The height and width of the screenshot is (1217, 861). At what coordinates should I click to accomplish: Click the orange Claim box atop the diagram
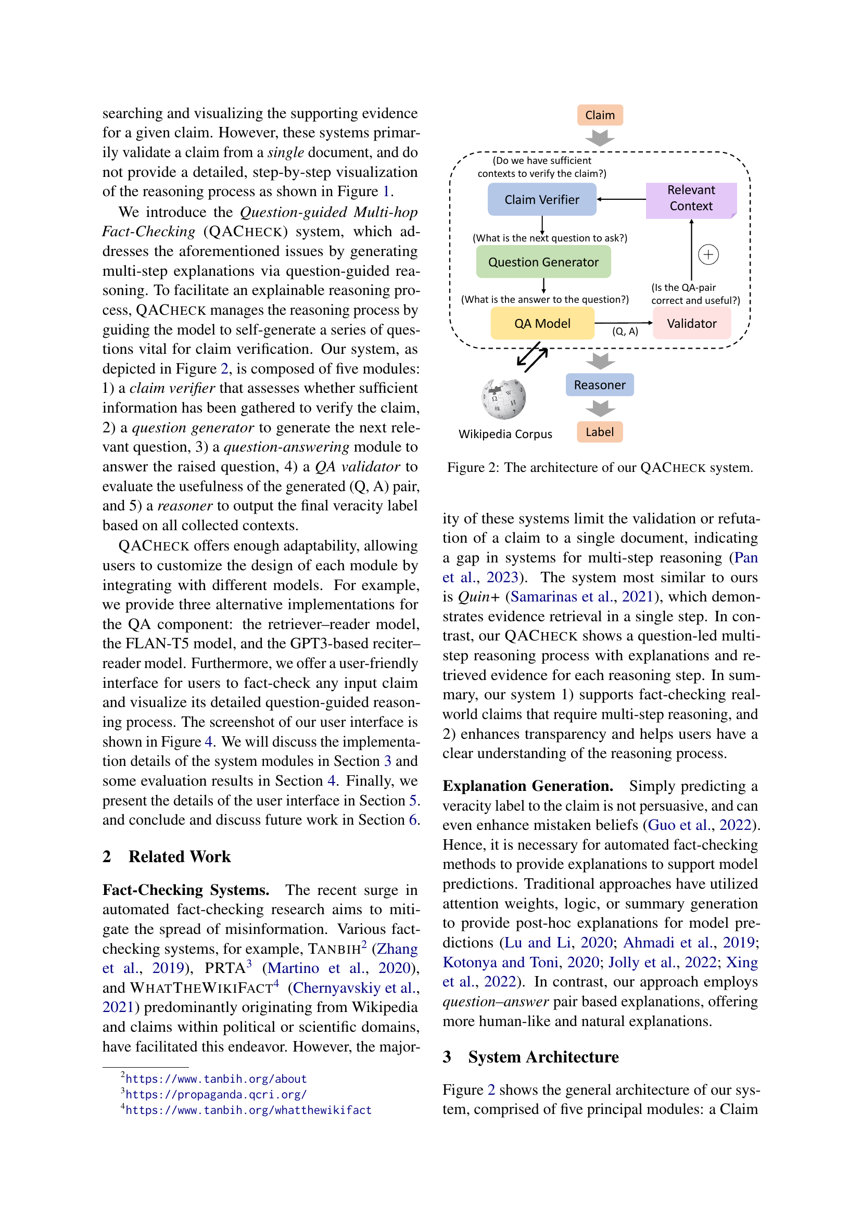click(x=600, y=115)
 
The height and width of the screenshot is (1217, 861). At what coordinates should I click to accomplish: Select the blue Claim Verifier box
click(x=541, y=200)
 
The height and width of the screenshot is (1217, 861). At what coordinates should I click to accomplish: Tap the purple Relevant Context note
click(x=690, y=199)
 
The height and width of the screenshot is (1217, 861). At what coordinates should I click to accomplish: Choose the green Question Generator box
click(x=543, y=262)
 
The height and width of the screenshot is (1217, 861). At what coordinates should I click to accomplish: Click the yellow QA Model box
click(x=542, y=323)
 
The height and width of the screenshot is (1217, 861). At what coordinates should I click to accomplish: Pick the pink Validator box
click(x=691, y=323)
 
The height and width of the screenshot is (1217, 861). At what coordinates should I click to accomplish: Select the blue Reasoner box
click(x=599, y=385)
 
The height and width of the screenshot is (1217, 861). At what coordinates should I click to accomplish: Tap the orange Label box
click(x=599, y=432)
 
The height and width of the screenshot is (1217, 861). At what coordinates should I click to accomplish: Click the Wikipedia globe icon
click(x=503, y=399)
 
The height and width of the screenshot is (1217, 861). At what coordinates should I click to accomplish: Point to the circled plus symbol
click(x=708, y=255)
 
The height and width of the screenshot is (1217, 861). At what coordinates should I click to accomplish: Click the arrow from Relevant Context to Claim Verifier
click(x=622, y=199)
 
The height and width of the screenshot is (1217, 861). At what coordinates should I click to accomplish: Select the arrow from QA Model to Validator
click(x=624, y=322)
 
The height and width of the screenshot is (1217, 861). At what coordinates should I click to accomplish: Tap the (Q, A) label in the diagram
click(x=625, y=332)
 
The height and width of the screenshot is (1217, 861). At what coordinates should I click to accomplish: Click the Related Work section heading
click(x=179, y=856)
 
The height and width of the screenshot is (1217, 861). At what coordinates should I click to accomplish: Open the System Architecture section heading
click(x=543, y=1057)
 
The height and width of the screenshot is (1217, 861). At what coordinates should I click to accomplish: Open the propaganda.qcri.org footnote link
click(x=216, y=1095)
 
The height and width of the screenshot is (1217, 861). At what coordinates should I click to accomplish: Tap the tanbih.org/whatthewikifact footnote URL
click(x=248, y=1110)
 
